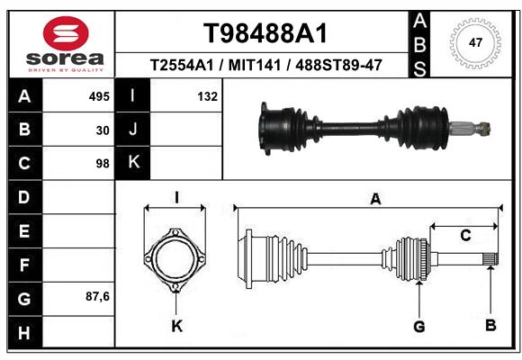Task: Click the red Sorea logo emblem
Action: pos(66,33)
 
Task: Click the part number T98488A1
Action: pos(265,33)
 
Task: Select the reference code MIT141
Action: pos(255,65)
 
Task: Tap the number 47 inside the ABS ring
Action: pos(475,42)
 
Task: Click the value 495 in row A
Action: pos(99,96)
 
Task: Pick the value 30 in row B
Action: pos(103,130)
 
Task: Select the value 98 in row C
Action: pos(103,164)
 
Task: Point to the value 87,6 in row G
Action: pos(97,296)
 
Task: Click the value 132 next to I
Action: pos(207,96)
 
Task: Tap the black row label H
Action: pos(25,332)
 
